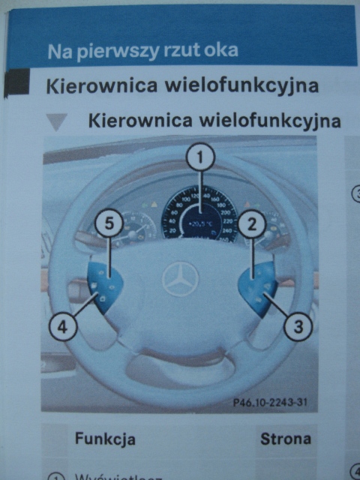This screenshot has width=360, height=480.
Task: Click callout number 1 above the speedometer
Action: point(200,157)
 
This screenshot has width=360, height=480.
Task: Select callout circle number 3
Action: point(298,326)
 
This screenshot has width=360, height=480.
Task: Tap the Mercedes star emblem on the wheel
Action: point(181,279)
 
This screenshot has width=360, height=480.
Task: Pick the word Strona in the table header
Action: point(285,438)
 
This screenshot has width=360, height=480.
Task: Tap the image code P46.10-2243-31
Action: point(269,403)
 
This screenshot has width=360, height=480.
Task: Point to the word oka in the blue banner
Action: point(222,51)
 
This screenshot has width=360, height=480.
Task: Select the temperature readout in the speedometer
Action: point(201,223)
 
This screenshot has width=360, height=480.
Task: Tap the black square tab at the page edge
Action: point(16,83)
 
